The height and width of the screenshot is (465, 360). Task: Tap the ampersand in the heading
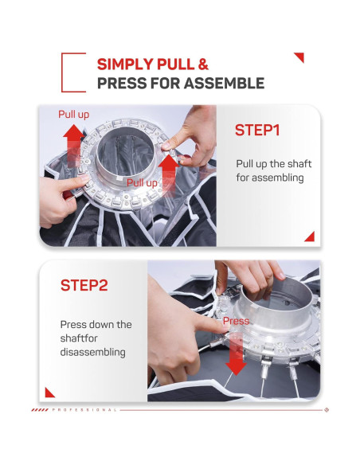(203, 64)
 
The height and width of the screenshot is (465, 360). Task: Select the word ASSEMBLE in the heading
(224, 83)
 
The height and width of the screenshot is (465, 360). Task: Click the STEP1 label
(257, 131)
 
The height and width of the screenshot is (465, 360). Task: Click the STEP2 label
(84, 285)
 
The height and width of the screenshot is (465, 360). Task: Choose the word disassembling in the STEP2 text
(93, 352)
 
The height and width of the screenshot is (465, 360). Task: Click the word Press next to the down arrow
(236, 321)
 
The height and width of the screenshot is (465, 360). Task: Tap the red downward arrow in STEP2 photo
(236, 354)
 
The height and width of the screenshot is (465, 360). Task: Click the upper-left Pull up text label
(73, 115)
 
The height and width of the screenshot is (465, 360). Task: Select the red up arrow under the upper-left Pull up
(74, 145)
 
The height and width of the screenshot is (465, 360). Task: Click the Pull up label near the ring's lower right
(142, 183)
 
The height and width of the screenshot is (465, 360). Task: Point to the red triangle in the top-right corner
(300, 57)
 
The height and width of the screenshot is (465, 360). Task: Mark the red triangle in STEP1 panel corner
(311, 237)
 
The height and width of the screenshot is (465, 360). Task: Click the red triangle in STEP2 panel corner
(49, 393)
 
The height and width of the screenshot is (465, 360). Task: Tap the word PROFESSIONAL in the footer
(84, 410)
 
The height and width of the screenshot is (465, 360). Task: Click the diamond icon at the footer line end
(327, 410)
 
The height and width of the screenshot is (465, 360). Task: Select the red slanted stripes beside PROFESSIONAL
(40, 410)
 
